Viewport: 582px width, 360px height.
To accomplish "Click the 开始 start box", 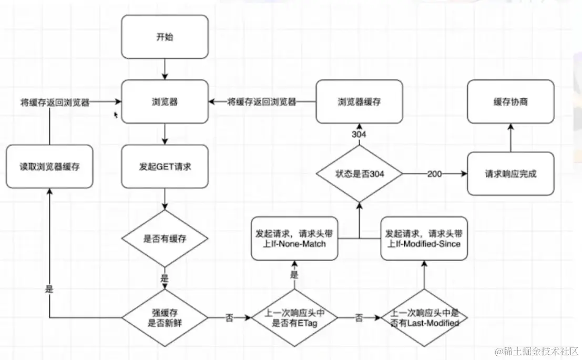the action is (165, 37).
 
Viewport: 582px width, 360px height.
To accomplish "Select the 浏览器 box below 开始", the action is (165, 101).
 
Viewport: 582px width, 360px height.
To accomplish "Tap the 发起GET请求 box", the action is (165, 166).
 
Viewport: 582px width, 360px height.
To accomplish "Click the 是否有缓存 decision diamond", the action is (165, 238).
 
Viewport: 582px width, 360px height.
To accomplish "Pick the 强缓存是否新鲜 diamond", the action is (165, 317).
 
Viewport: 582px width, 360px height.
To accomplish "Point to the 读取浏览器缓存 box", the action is (49, 166).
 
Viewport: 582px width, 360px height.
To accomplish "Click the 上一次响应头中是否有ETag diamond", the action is (294, 317).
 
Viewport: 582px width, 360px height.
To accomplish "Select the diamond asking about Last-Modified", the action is (424, 317).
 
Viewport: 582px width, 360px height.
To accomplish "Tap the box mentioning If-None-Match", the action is (294, 238).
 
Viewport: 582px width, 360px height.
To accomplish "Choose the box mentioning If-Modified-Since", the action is (424, 238).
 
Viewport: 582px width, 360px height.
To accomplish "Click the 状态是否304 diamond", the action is (359, 173).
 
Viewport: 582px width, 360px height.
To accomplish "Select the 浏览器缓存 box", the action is (359, 101).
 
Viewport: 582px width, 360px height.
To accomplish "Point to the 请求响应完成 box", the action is (510, 173).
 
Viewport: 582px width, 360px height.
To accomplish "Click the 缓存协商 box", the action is (510, 101).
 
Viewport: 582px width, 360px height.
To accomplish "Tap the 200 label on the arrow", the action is (434, 173).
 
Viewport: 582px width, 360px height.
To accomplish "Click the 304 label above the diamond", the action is (359, 134).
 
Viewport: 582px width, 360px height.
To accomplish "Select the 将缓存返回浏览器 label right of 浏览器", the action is (262, 101).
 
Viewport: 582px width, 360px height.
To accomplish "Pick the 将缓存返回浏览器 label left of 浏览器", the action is (55, 102).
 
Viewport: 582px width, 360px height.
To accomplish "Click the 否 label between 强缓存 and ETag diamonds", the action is (229, 317).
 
